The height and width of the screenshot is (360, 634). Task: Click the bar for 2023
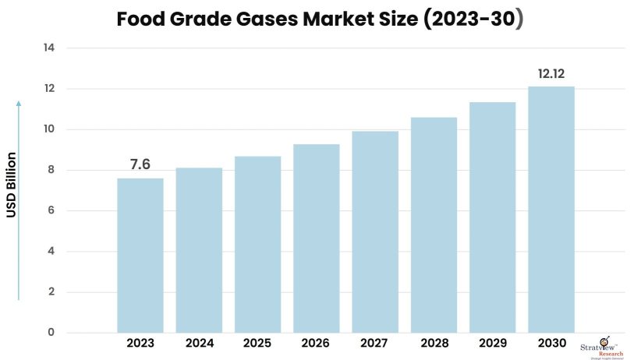point(140,255)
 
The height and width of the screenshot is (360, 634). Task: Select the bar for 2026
point(317,238)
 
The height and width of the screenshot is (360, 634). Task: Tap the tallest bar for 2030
point(551,209)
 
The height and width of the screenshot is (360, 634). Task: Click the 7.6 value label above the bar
point(140,165)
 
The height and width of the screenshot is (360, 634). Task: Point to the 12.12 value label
point(551,74)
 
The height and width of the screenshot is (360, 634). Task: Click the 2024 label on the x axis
point(199,343)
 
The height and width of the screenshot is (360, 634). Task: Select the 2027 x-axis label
point(375,343)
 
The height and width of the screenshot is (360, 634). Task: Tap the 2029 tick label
point(492,343)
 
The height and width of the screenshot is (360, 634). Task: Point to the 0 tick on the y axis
point(51,333)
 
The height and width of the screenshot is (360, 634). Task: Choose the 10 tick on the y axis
point(48,129)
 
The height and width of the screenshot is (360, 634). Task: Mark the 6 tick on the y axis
point(51,211)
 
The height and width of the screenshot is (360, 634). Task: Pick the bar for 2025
point(258,244)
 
